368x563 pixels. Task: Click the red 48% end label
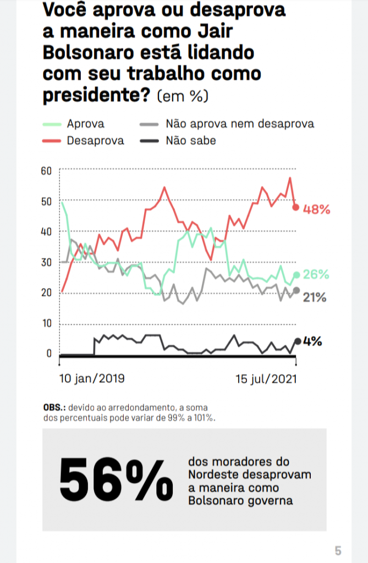point(317,209)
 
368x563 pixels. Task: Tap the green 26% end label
point(317,274)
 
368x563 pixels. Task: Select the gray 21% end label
point(316,298)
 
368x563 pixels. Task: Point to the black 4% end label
point(312,341)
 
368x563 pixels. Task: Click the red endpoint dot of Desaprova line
point(296,208)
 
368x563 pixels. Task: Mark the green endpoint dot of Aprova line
point(297,274)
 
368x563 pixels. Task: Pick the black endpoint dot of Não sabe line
point(298,341)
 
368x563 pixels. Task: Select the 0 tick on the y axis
point(49,354)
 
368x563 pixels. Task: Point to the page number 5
point(338,550)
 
